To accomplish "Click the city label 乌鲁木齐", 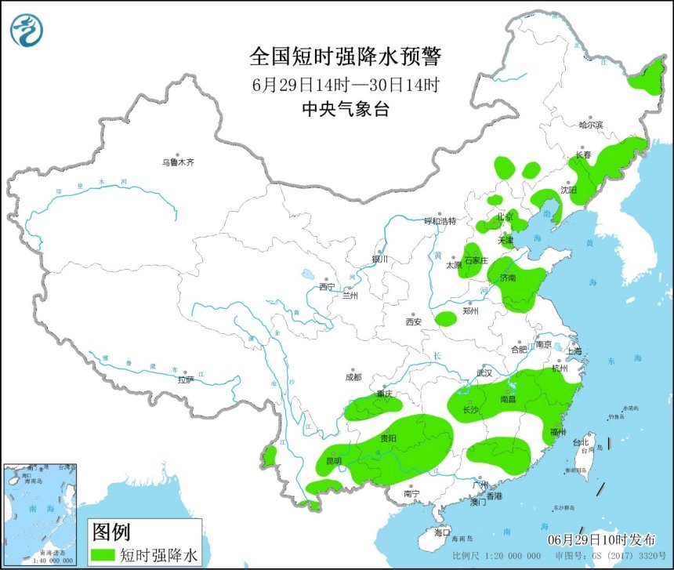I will [177, 162].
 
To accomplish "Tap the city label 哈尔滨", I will [591, 125].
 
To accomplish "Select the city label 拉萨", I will [185, 379].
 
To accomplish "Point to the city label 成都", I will [353, 377].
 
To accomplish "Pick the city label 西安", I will [414, 321].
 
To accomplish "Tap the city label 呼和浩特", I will [440, 221].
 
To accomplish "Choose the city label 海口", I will [442, 532].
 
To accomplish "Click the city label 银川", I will [380, 259].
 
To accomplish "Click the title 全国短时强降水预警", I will [346, 56].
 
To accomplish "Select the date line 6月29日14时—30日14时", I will [346, 84].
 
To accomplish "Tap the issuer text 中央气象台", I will [346, 110].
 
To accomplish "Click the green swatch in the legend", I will [103, 555].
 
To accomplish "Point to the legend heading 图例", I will [111, 532].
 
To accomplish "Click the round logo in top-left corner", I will [27, 30].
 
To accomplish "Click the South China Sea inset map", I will [41, 514].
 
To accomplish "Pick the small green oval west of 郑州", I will [446, 318].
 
